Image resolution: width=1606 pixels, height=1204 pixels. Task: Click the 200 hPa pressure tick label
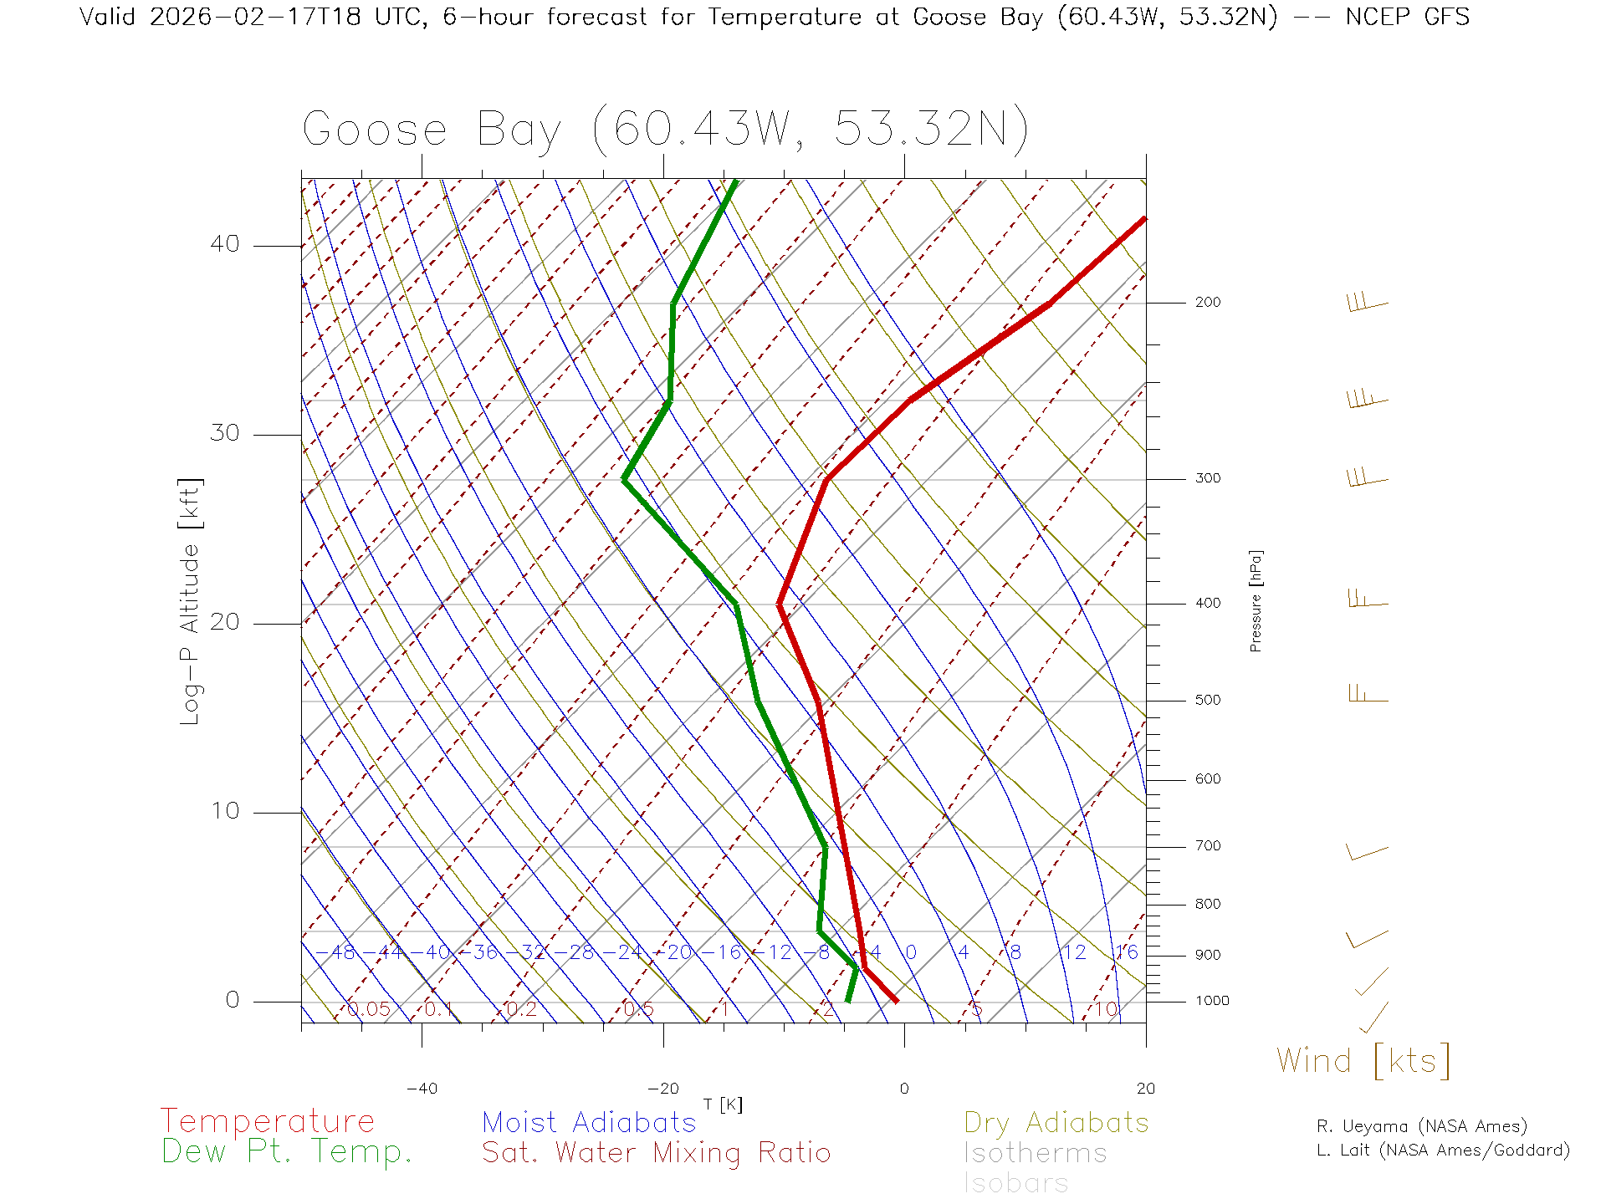(1207, 302)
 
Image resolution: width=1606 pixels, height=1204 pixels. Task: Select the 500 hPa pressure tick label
(1207, 700)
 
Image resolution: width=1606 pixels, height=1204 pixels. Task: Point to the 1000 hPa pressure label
(1212, 1001)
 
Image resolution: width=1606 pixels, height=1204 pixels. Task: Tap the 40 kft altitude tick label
(224, 244)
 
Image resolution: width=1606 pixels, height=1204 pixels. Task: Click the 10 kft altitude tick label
(224, 811)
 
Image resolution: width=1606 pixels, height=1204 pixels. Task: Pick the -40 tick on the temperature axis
(422, 1089)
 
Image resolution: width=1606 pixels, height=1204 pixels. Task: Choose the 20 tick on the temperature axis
(1145, 1089)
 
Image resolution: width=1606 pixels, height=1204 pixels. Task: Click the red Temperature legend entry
(268, 1120)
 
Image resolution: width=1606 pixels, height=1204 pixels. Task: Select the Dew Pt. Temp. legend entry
(287, 1152)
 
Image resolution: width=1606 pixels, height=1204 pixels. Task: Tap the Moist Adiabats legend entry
(589, 1122)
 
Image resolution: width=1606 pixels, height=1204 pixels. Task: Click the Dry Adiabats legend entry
(1056, 1122)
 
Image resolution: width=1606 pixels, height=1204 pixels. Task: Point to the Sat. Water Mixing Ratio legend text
(656, 1152)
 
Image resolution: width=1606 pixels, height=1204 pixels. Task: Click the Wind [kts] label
(1363, 1060)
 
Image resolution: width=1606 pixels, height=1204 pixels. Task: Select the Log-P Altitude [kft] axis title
(191, 602)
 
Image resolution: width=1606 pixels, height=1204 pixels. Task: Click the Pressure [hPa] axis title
(1256, 600)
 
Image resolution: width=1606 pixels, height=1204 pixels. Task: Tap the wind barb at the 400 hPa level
(1368, 599)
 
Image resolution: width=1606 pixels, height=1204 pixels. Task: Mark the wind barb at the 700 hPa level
(1366, 852)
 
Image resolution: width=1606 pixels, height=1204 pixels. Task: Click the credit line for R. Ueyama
(1421, 1126)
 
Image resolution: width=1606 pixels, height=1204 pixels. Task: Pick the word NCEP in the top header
(1377, 17)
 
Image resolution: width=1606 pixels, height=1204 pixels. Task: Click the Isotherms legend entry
(1035, 1153)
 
